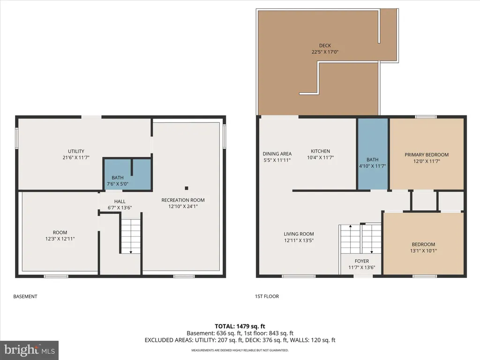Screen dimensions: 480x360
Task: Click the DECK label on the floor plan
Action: [325, 45]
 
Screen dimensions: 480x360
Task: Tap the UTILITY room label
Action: [76, 151]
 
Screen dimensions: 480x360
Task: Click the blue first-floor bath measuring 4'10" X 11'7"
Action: [373, 154]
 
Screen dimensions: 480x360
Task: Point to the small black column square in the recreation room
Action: [187, 188]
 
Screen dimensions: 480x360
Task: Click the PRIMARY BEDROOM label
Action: [427, 155]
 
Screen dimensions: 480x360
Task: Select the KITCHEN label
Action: [320, 151]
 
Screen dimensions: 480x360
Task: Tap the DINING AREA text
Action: [277, 154]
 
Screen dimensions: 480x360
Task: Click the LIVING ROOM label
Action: [299, 234]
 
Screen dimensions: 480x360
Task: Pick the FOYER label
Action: [361, 261]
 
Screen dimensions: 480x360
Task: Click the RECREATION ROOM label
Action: [183, 200]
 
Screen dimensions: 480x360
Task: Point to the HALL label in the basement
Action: [120, 202]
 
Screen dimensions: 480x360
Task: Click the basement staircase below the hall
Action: [131, 236]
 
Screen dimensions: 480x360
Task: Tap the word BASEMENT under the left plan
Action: [25, 296]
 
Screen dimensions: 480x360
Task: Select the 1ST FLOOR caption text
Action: [267, 296]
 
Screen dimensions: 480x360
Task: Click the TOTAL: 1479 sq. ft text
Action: [240, 326]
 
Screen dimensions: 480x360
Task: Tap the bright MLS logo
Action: [30, 350]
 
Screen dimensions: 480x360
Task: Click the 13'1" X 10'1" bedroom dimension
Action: [423, 251]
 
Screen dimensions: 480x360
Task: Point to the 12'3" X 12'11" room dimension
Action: [60, 239]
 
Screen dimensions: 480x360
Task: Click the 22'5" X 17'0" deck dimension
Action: [325, 52]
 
